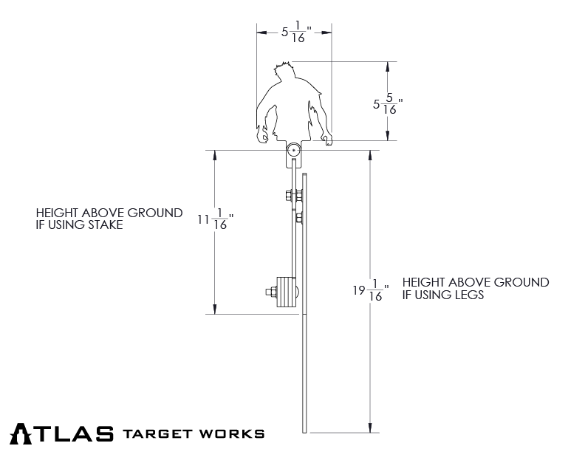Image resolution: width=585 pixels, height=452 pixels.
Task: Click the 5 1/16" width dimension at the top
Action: [x=295, y=32]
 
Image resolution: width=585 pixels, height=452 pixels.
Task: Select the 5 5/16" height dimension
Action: [x=387, y=103]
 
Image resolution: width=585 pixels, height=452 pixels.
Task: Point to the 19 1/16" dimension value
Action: [x=370, y=290]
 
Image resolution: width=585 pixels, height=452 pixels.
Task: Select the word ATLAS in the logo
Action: [x=62, y=433]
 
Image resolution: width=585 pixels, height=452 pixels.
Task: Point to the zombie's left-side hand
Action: [x=261, y=136]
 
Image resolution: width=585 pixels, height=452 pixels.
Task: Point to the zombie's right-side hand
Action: [x=326, y=137]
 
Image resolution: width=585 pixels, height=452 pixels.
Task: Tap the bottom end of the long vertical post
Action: [x=304, y=430]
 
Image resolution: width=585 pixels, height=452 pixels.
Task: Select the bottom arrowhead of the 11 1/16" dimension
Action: [x=215, y=310]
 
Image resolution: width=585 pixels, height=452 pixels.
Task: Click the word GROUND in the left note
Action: [x=154, y=213]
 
